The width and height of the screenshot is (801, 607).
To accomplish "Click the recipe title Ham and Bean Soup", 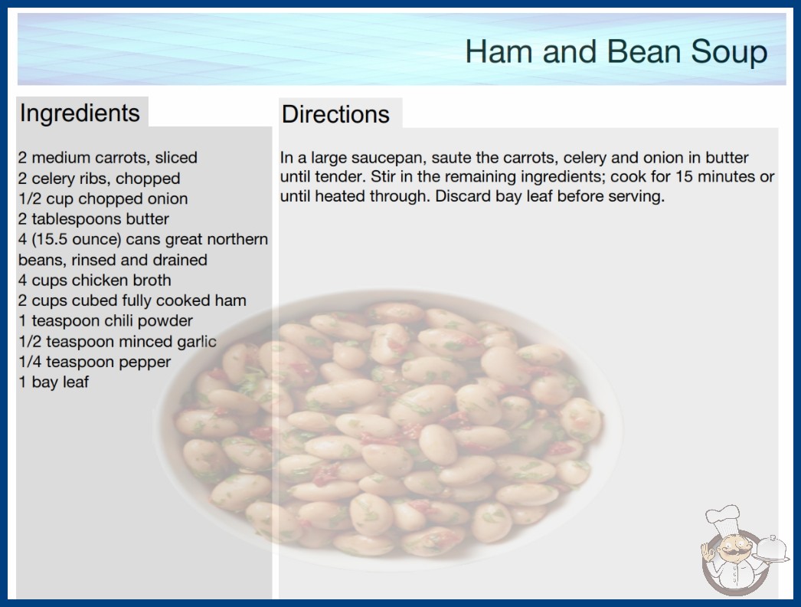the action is click(x=616, y=51).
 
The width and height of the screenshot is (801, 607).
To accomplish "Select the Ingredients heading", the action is click(x=80, y=113).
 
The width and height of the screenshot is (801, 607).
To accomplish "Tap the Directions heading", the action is click(x=335, y=114).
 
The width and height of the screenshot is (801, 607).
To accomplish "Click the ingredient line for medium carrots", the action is click(x=108, y=158).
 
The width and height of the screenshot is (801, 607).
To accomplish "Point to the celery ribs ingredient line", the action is click(x=99, y=178).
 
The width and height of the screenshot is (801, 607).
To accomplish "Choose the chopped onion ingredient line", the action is click(x=103, y=199).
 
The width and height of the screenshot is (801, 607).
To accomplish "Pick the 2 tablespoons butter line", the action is click(x=93, y=219).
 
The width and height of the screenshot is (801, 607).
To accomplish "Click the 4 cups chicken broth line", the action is click(x=94, y=281).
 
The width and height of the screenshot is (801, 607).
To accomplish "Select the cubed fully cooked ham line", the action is click(x=132, y=300).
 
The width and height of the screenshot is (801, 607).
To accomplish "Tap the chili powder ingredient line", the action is click(x=106, y=320).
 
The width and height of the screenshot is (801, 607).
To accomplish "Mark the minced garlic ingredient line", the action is click(x=117, y=341).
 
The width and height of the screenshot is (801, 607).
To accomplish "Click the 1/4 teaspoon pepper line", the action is click(x=94, y=362).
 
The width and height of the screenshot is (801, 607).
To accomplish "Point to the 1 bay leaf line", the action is click(x=54, y=382).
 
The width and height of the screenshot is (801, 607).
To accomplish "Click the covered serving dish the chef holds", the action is click(x=771, y=549).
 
